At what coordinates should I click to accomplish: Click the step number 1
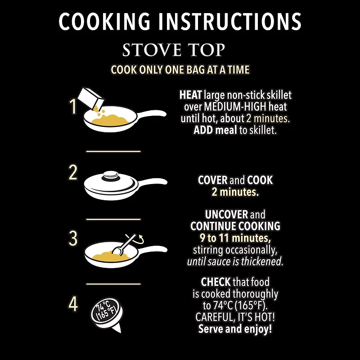pyautogui.click(x=73, y=106)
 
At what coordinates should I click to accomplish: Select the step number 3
pyautogui.click(x=73, y=238)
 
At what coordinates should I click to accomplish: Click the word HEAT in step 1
pyautogui.click(x=190, y=95)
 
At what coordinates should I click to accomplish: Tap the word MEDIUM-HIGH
pyautogui.click(x=235, y=107)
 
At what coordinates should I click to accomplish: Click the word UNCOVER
pyautogui.click(x=226, y=215)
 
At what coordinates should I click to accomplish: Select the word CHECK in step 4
pyautogui.click(x=216, y=282)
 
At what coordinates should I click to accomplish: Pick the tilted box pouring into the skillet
pyautogui.click(x=91, y=98)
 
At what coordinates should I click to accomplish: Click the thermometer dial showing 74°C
pyautogui.click(x=107, y=310)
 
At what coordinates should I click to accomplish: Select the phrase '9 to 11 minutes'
pyautogui.click(x=234, y=238)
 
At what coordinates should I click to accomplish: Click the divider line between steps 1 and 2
pyautogui.click(x=113, y=151)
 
